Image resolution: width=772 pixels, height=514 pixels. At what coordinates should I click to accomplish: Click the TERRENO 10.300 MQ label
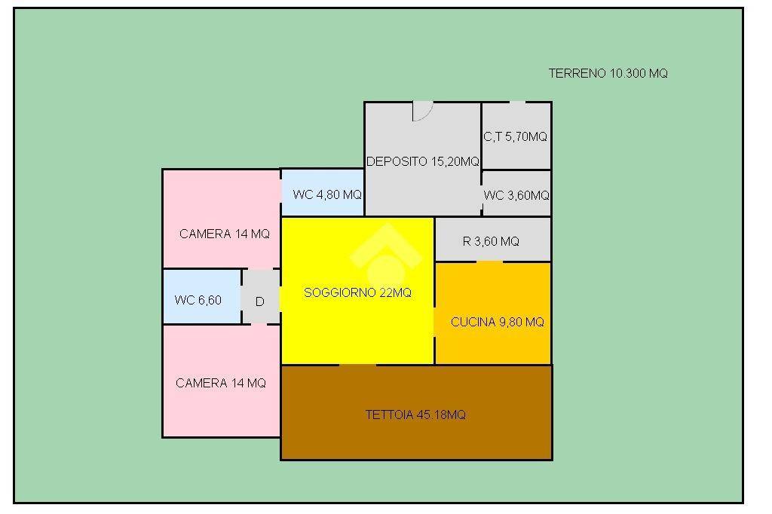[608, 73]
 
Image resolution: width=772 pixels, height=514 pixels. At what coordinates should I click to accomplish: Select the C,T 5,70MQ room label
[515, 136]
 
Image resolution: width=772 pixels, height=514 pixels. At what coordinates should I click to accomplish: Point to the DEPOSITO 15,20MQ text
[422, 161]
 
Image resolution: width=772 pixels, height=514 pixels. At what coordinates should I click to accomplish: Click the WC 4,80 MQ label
[327, 194]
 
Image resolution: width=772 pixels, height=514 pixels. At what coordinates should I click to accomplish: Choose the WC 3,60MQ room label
[516, 195]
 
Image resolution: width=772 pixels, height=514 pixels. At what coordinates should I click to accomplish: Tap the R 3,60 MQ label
[491, 241]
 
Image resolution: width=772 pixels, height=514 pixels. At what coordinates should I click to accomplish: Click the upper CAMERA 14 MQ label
[225, 234]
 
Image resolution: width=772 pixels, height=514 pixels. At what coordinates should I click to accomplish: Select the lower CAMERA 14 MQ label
[221, 383]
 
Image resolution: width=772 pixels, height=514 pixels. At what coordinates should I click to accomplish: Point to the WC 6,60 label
[198, 300]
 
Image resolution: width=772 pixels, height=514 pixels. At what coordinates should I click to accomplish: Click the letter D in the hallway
[260, 301]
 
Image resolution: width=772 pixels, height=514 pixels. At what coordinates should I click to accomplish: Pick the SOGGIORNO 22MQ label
[357, 293]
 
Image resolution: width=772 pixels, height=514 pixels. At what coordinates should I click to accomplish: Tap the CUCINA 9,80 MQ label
[498, 322]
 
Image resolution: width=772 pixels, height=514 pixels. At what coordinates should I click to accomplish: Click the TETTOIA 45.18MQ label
[415, 415]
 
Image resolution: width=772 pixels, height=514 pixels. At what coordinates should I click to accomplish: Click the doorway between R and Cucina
[489, 262]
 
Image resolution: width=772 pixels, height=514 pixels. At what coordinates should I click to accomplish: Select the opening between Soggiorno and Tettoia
[358, 366]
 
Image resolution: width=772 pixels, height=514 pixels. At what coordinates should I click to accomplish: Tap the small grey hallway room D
[261, 296]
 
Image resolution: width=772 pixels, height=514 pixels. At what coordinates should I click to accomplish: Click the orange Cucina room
[493, 314]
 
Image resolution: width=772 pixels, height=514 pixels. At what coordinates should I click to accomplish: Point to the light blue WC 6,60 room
[202, 296]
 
